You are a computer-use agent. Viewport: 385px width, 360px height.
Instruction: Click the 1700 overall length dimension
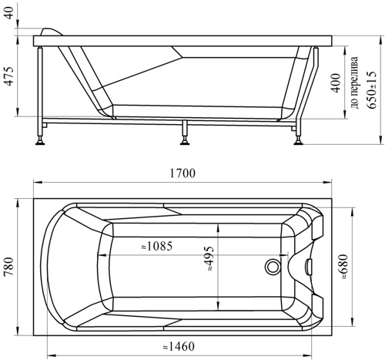tap(182, 173)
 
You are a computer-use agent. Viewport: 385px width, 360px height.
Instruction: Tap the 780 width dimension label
tap(9, 267)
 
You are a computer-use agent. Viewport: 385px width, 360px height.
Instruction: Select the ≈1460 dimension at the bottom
tap(179, 347)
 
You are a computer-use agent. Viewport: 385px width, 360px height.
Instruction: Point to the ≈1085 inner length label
tap(157, 247)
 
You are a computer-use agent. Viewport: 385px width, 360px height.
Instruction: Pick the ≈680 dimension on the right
tap(344, 267)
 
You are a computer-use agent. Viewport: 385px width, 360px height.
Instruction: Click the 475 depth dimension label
tap(9, 76)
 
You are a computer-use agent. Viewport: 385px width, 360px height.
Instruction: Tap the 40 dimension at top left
tap(9, 13)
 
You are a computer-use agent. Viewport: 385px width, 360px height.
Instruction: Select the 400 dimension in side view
tap(336, 82)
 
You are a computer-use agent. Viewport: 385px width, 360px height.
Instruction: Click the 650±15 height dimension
tap(372, 89)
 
